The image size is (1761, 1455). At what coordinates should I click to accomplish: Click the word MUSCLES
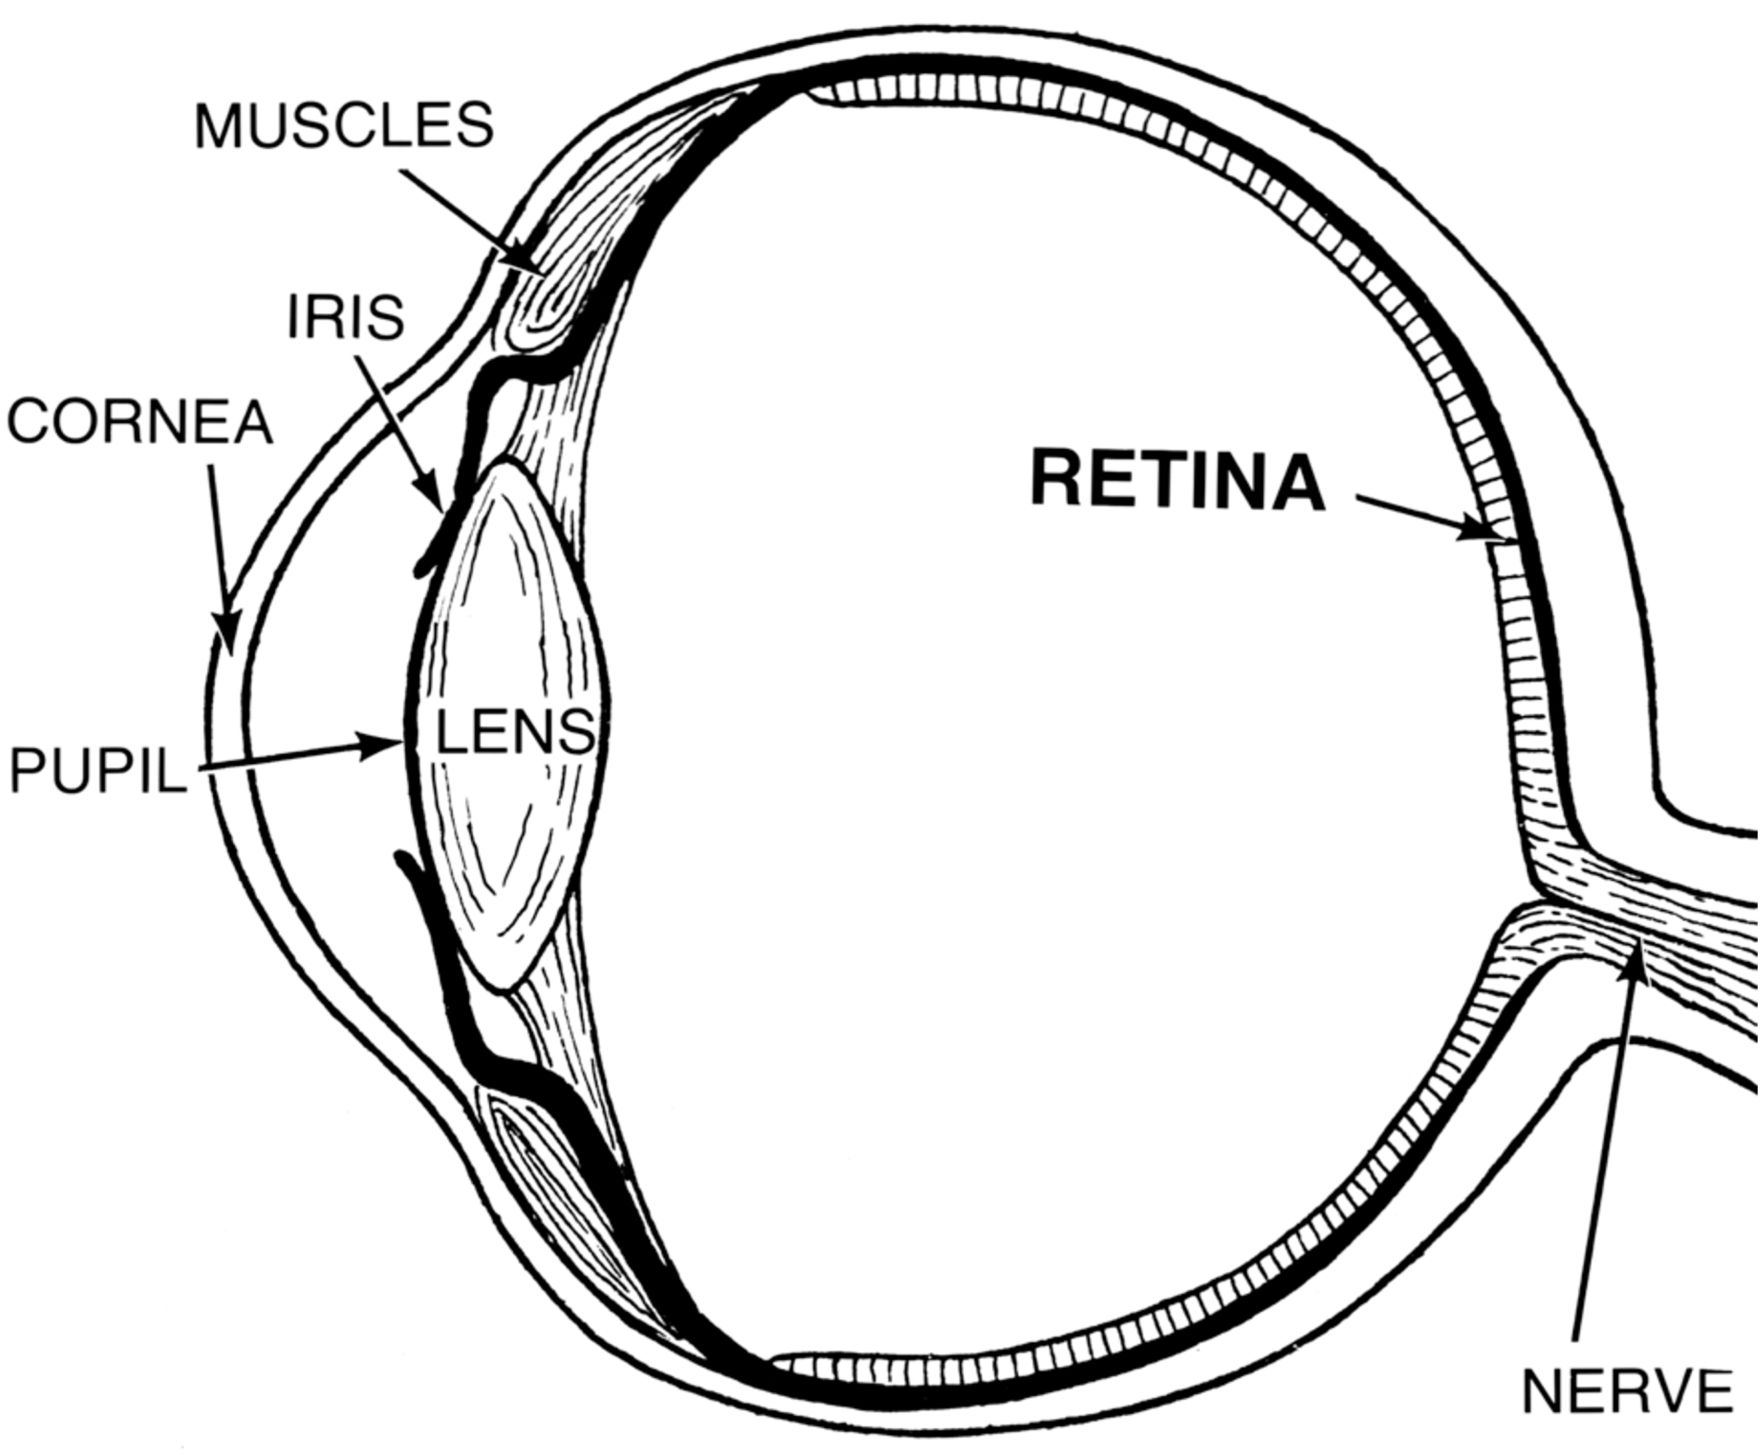click(344, 126)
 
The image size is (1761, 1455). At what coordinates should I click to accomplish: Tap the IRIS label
click(345, 318)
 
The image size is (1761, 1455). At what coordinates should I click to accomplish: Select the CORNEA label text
click(140, 422)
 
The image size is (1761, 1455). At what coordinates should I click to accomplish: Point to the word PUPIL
click(98, 770)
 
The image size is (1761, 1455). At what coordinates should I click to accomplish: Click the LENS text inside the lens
click(515, 732)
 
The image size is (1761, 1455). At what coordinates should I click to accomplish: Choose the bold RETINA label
click(1178, 481)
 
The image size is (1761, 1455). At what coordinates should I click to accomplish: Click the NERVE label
click(1627, 1392)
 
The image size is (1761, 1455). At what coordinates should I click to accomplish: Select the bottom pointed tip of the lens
click(503, 989)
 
